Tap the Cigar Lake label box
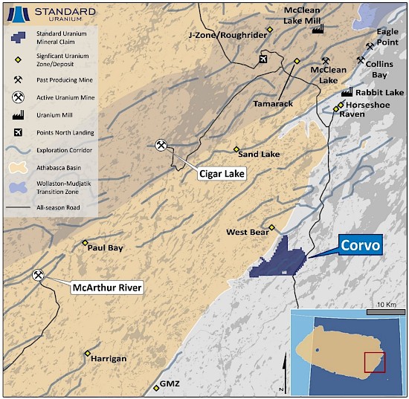(222, 173)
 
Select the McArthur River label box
(106, 288)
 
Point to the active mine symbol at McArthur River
(38, 276)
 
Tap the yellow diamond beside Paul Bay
(85, 243)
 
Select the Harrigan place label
(108, 359)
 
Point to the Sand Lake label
(259, 155)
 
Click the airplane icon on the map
(261, 59)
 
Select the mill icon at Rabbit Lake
(346, 93)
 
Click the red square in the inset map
(374, 362)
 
